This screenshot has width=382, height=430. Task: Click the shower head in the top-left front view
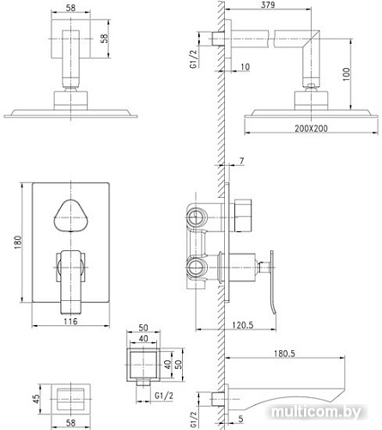[72, 112]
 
